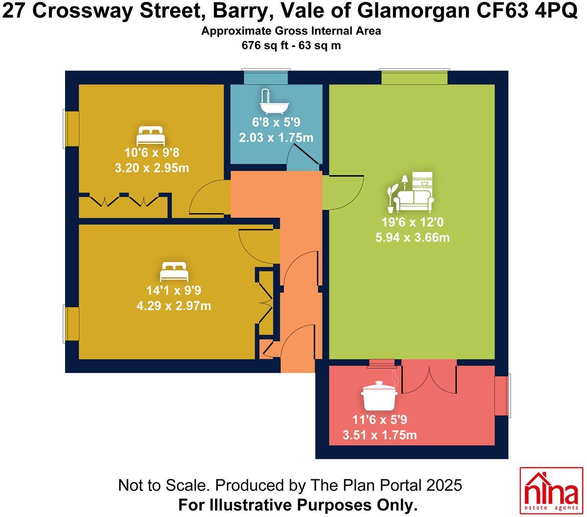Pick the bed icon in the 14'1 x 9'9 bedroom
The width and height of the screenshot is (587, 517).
tap(174, 270)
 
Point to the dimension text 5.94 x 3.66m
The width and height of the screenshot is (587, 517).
tap(415, 238)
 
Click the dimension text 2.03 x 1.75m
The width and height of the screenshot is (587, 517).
tap(276, 138)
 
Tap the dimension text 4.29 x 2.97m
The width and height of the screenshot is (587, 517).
tap(174, 306)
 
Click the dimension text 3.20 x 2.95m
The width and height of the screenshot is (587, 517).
tap(150, 169)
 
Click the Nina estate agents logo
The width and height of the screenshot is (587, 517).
tap(550, 491)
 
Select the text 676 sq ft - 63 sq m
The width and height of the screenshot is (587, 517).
tap(292, 46)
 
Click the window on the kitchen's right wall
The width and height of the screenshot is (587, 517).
tap(502, 396)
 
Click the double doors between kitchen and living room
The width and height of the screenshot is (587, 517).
tap(429, 376)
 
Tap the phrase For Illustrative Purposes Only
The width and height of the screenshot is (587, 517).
tap(298, 504)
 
